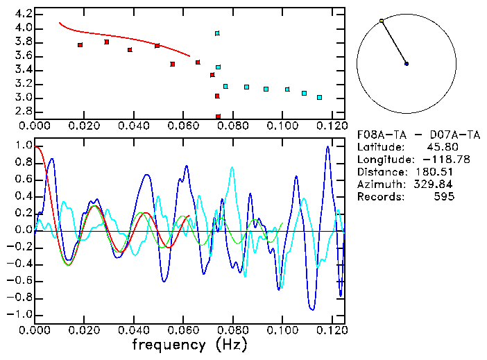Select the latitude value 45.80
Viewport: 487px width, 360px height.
440,147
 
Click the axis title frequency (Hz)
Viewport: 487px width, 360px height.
189,344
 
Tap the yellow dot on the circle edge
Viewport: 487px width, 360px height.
382,21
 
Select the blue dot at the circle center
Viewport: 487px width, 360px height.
407,64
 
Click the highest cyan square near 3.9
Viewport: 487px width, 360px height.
217,33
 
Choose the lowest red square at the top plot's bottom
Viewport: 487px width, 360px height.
218,117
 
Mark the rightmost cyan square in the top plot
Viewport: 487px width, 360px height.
319,98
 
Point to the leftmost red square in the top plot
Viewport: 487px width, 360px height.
80,45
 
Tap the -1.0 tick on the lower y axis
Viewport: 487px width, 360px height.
21,314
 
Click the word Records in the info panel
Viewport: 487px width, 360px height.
379,197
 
